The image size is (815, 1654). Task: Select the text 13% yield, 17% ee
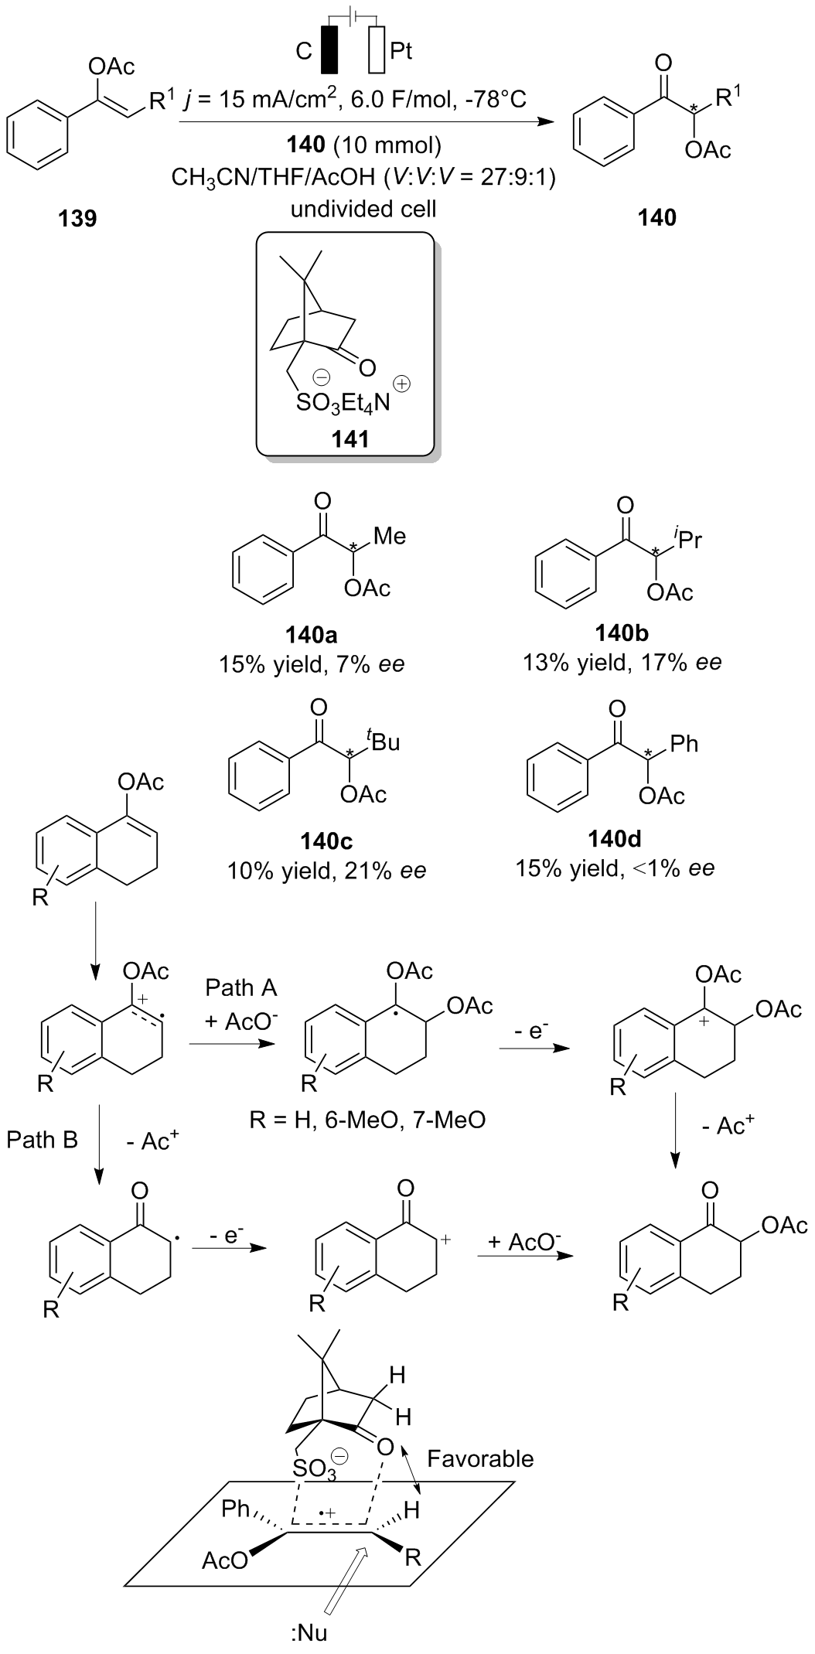coord(622,662)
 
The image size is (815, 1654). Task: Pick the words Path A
coord(241,987)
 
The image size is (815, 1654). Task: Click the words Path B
coord(43,1139)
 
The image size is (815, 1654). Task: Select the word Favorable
coord(480,1458)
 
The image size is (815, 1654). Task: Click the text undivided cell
coord(363,209)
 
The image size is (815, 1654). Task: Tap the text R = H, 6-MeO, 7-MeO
coord(367,1119)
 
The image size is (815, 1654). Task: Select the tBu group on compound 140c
coord(383,742)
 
